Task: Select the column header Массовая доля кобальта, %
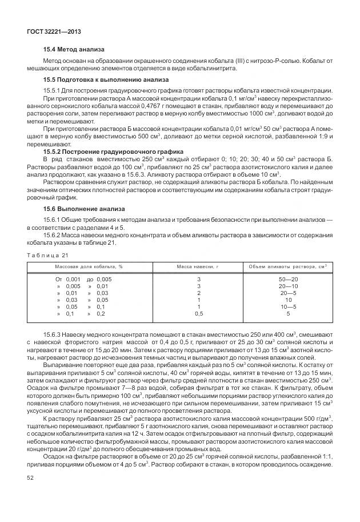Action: pos(89,267)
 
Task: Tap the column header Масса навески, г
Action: pos(198,267)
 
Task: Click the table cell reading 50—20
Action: pos(287,279)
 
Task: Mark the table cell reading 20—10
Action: pos(287,286)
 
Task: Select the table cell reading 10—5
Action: pos(287,306)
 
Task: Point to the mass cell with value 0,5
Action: pos(198,313)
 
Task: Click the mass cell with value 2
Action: pos(198,293)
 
